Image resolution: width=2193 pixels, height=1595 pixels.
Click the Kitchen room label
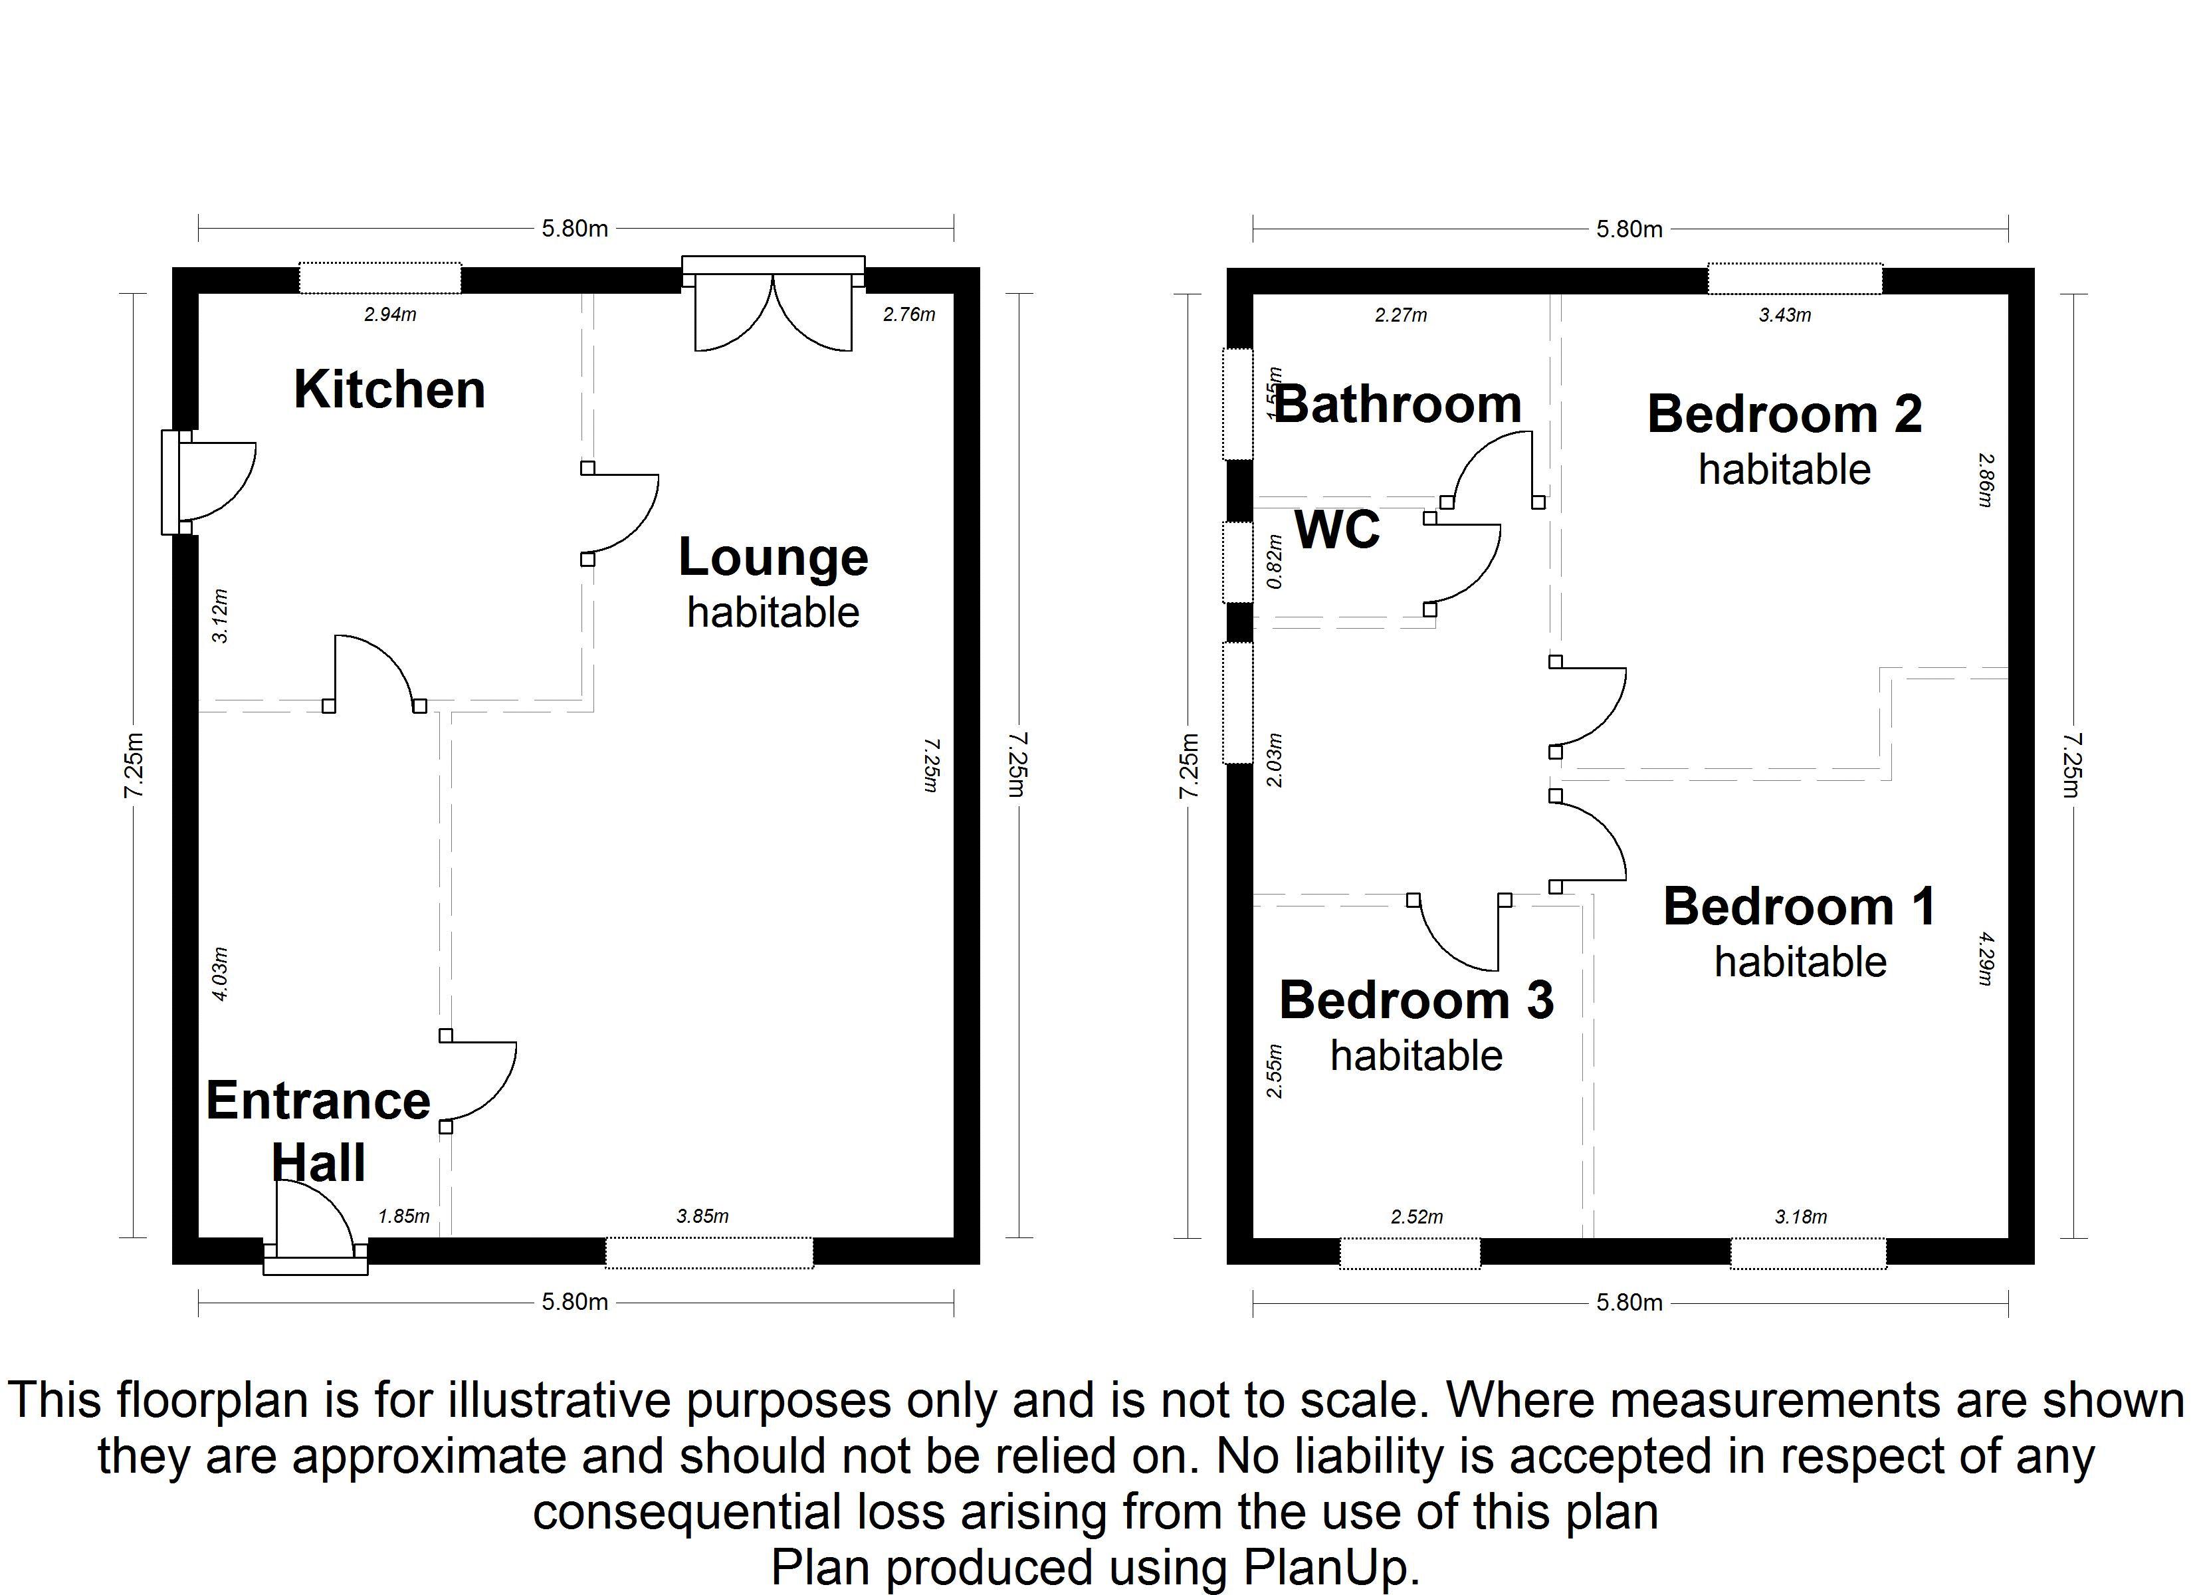coord(389,390)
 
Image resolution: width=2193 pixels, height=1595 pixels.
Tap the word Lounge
coord(774,559)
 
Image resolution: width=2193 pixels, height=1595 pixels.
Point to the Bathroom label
coord(1398,404)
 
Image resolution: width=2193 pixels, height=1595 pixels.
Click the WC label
coord(1337,530)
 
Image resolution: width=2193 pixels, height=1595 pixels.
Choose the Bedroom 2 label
coord(1785,414)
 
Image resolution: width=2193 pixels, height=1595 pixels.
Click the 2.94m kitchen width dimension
coord(389,314)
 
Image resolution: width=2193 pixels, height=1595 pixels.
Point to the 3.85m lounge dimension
coord(702,1216)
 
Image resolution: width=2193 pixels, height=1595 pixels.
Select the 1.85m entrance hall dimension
coord(403,1216)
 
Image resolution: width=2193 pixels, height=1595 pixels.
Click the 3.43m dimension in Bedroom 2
coord(1785,314)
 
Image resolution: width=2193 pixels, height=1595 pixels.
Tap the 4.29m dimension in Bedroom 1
coord(1985,958)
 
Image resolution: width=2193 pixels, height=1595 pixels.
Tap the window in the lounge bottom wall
coord(709,1251)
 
